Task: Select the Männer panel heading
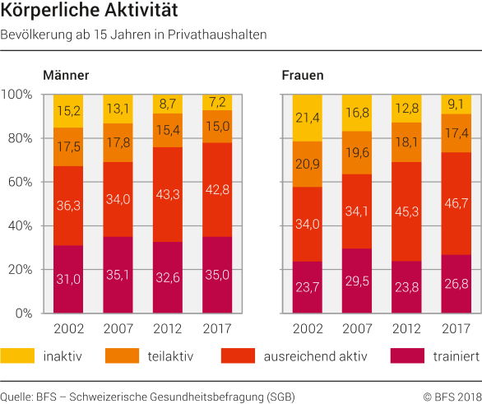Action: (66, 75)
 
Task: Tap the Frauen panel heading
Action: (303, 75)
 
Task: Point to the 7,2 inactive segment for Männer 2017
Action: (218, 102)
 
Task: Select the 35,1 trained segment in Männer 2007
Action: (118, 276)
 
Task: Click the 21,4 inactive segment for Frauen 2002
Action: (308, 118)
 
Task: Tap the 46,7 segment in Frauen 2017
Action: (456, 202)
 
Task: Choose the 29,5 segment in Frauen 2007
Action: (357, 281)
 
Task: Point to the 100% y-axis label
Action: (19, 95)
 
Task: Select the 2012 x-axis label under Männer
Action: (169, 329)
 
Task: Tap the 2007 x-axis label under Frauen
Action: (357, 329)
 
